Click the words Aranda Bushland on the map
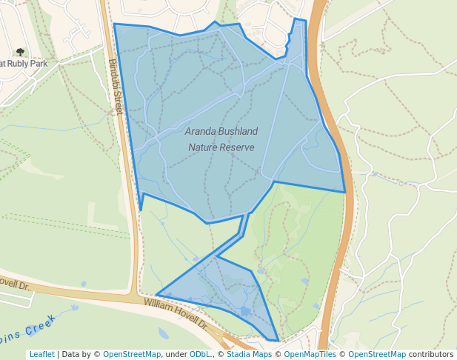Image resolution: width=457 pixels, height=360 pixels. coord(221,132)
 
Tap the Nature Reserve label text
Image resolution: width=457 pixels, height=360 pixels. coord(221,147)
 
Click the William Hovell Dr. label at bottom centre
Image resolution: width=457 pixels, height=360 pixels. coord(175,313)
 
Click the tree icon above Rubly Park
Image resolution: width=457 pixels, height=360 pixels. coord(20,52)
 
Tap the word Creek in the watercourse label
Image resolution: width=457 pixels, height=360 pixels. coord(41,325)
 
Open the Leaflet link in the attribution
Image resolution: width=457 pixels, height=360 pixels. coord(42,354)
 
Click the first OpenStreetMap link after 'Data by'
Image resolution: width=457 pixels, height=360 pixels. coord(132,354)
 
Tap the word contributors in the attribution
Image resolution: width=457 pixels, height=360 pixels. coord(431,354)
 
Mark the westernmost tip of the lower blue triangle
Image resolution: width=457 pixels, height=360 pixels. coord(156,294)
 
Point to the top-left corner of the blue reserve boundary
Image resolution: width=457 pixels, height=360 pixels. coord(115,24)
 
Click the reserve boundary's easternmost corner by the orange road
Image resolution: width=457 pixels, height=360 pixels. coord(345,192)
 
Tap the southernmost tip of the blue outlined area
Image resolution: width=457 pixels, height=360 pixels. coord(278,341)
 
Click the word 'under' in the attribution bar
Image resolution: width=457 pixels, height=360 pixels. coord(176,354)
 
